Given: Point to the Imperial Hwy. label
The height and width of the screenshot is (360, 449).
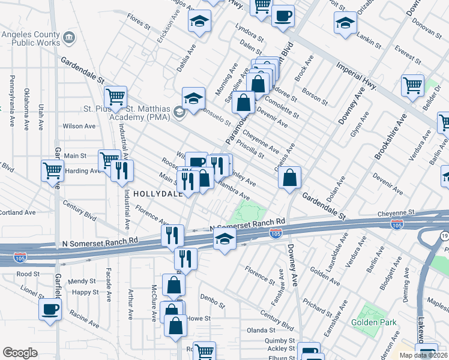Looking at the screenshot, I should (x=357, y=76).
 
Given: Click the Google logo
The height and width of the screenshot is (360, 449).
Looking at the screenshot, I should (x=20, y=352).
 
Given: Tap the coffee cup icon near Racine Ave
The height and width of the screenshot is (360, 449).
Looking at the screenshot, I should (x=50, y=310).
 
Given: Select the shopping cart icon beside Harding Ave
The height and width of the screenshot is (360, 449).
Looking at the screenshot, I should (x=52, y=170).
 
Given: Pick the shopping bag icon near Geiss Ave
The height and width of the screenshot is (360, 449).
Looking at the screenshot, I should (x=289, y=177).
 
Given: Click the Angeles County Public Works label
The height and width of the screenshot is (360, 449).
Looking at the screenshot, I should (x=31, y=38).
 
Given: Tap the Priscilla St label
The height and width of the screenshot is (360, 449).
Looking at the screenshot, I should (x=250, y=148).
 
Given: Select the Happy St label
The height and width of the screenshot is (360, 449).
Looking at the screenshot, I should (x=85, y=292).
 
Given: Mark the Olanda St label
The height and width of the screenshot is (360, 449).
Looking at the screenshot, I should (x=260, y=330).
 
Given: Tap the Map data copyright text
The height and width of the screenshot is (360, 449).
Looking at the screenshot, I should (x=423, y=355).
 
